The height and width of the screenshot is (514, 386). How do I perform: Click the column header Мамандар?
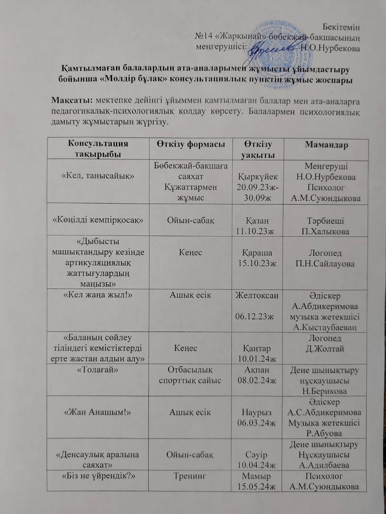click(326, 145)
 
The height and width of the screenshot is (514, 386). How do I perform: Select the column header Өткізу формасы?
click(190, 144)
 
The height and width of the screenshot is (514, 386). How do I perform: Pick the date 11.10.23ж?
click(257, 231)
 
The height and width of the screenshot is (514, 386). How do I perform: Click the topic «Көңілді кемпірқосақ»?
click(98, 220)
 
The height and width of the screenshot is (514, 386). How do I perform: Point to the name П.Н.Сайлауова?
click(325, 264)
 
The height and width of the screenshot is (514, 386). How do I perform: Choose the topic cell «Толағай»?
click(98, 370)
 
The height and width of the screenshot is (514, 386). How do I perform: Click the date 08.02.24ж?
click(257, 381)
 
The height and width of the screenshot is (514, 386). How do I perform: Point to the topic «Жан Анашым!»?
click(98, 412)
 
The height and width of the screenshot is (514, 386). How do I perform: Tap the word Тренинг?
click(190, 476)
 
